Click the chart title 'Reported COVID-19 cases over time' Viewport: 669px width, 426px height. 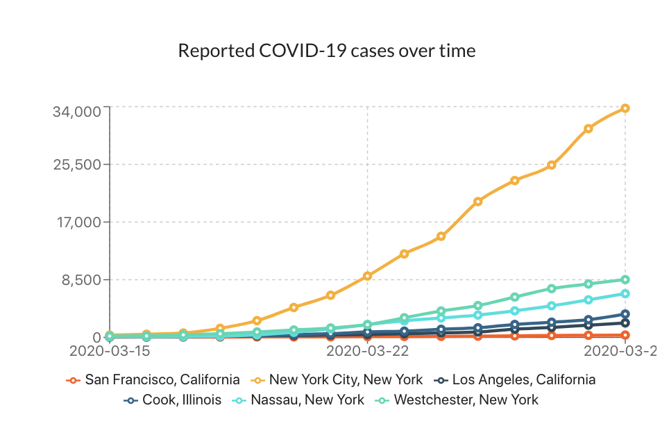click(x=327, y=51)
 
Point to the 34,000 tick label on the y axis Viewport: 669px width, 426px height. click(x=78, y=111)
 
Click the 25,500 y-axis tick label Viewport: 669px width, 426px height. click(x=78, y=165)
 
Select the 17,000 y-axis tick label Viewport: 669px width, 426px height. click(x=78, y=223)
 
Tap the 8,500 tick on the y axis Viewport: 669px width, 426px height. click(x=82, y=280)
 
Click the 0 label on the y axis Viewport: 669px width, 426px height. click(x=97, y=338)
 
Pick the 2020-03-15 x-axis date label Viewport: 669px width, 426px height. click(x=110, y=352)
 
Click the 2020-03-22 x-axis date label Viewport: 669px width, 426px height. click(x=367, y=352)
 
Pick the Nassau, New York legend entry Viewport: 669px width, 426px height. click(x=299, y=400)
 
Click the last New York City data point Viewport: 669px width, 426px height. click(x=625, y=108)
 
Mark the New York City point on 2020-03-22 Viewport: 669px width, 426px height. click(x=367, y=276)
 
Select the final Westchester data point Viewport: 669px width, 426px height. click(x=625, y=279)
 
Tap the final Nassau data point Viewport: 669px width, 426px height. click(x=625, y=293)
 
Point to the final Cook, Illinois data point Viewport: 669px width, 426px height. click(x=625, y=314)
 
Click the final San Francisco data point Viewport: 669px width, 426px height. click(x=625, y=335)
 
